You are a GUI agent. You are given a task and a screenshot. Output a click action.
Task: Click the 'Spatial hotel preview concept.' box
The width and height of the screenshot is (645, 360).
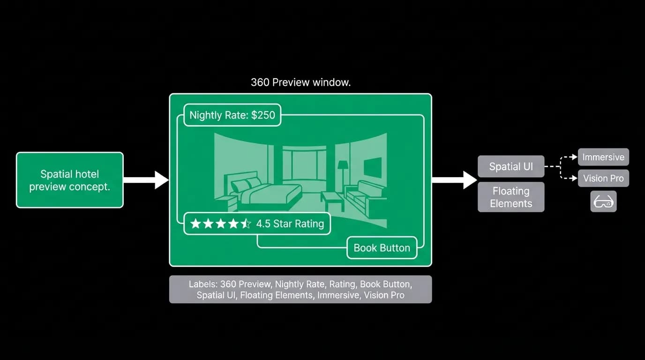tap(70, 180)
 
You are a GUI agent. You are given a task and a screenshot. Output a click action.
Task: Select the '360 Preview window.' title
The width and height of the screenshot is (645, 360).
tap(300, 82)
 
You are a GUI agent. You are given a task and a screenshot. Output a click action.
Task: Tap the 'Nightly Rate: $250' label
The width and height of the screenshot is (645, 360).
tap(232, 115)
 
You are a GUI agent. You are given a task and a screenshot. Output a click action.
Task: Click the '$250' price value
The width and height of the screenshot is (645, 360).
tap(263, 115)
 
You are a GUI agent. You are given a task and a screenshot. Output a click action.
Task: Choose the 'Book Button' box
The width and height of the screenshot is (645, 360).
tap(382, 247)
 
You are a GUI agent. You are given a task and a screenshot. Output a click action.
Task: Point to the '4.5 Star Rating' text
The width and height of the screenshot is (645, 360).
tap(290, 224)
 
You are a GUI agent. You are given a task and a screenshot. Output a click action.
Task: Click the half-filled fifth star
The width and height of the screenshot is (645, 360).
tap(246, 224)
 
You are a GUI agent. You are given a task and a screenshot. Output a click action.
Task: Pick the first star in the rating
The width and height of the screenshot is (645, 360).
tap(195, 224)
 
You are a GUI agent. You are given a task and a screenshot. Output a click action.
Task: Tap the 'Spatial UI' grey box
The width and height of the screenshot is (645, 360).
tap(511, 166)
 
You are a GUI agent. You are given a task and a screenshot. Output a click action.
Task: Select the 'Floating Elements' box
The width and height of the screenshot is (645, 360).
tap(511, 197)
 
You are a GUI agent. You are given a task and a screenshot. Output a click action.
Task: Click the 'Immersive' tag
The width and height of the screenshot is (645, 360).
tap(603, 157)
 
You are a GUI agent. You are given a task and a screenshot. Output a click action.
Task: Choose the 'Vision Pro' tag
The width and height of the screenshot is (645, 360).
tap(603, 178)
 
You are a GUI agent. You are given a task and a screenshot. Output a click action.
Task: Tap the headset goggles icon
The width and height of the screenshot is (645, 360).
tap(603, 201)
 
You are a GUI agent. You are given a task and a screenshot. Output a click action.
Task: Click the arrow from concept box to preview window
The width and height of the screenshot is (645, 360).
tap(146, 180)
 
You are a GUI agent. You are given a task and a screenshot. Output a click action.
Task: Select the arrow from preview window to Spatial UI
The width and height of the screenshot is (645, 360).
tap(454, 180)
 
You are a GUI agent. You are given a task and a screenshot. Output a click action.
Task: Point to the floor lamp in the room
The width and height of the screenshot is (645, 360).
tap(343, 176)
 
